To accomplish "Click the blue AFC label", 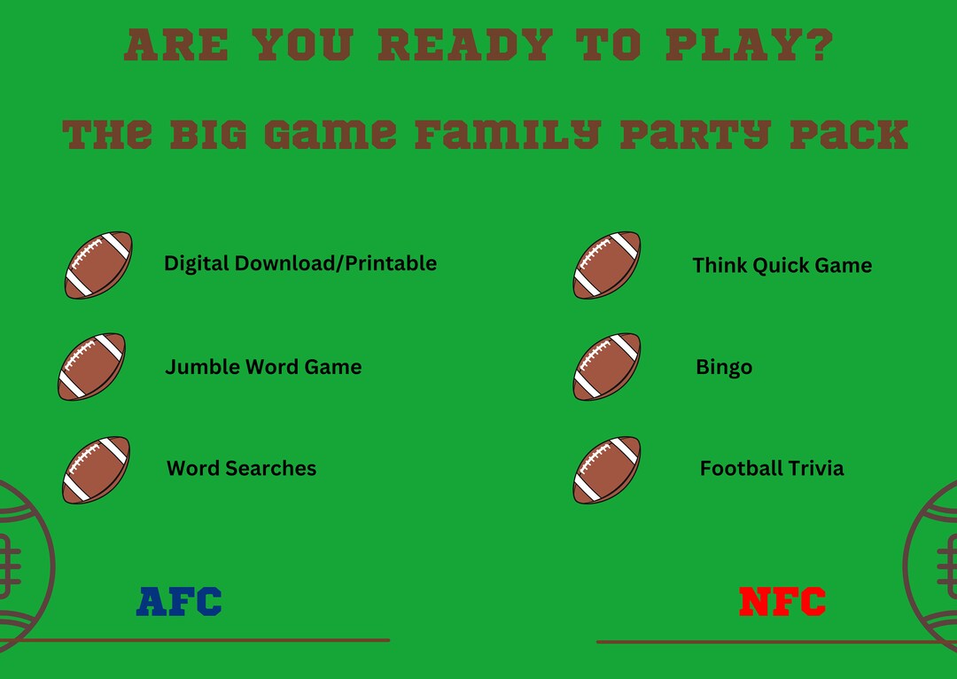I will coord(179,601).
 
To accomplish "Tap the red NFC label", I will coord(782,602).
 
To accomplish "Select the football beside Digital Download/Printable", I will coord(98,264).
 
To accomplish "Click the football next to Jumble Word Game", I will coord(92,366).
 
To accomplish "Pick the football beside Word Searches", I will coord(96,469).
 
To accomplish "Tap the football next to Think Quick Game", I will coord(607,265).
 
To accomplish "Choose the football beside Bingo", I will coord(607,366).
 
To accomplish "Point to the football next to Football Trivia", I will coord(607,469).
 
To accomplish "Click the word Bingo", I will coord(724,367).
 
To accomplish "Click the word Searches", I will coord(274,468).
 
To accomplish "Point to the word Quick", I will coord(782,265).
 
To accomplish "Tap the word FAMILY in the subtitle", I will coord(507,134).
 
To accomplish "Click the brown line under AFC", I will coord(204,639).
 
